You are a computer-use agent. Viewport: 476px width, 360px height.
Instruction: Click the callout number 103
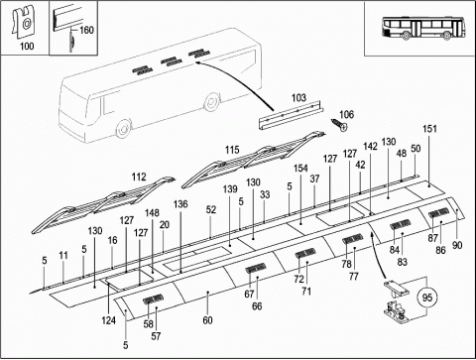[x=298, y=98]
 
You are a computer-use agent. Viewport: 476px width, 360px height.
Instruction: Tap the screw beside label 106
[x=339, y=125]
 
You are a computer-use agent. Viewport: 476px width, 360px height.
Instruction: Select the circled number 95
[x=427, y=298]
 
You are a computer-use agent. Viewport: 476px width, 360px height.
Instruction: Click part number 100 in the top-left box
[x=27, y=46]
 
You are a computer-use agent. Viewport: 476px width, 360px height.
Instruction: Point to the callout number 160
[x=86, y=31]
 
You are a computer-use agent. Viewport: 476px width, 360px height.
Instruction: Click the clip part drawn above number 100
[x=24, y=22]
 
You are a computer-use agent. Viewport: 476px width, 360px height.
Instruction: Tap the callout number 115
[x=232, y=150]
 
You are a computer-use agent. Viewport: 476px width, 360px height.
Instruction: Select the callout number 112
[x=139, y=177]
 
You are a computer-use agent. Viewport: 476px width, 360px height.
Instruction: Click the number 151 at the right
[x=429, y=129]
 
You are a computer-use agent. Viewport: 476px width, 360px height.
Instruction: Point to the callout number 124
[x=109, y=320]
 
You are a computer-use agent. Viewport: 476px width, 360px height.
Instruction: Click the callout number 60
[x=207, y=320]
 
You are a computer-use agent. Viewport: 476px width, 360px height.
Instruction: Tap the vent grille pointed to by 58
[x=154, y=300]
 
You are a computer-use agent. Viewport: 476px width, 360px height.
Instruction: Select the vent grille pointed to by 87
[x=438, y=212]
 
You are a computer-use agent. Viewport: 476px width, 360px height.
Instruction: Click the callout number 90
[x=457, y=245]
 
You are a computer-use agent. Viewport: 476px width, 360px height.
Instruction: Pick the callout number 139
[x=230, y=189]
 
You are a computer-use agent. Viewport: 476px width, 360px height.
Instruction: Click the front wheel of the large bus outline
[x=123, y=129]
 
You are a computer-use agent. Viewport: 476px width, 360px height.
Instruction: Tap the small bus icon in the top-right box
[x=423, y=29]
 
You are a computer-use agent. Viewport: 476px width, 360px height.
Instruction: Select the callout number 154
[x=300, y=169]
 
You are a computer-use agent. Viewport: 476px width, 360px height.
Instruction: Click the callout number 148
[x=152, y=213]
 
